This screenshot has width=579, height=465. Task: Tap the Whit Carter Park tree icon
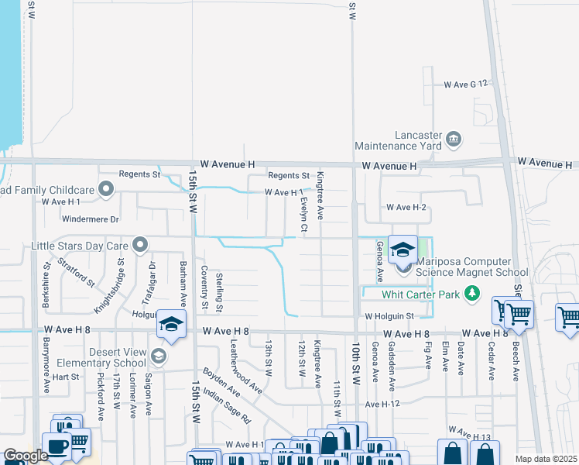pyautogui.click(x=471, y=294)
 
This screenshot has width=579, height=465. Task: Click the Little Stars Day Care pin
pyautogui.click(x=140, y=246)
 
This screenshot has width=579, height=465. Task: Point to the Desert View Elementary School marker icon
pyautogui.click(x=159, y=356)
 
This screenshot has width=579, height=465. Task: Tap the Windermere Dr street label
pyautogui.click(x=91, y=219)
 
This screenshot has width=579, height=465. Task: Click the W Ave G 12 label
pyautogui.click(x=467, y=84)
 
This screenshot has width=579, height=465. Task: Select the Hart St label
pyautogui.click(x=71, y=377)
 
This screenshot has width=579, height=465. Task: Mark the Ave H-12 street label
pyautogui.click(x=382, y=404)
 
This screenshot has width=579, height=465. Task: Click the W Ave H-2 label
pyautogui.click(x=406, y=207)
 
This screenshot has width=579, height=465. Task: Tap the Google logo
pyautogui.click(x=26, y=456)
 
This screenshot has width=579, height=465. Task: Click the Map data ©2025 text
pyautogui.click(x=546, y=459)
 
